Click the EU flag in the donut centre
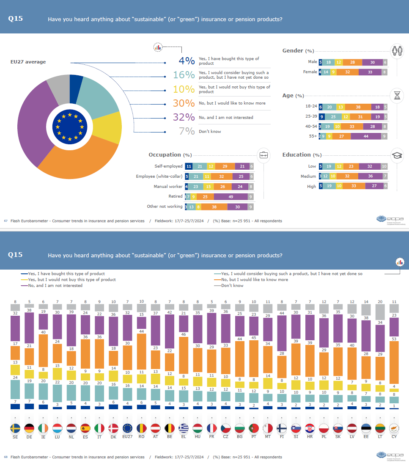coord(70,126)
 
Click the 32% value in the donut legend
coord(184,117)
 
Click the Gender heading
coord(293,51)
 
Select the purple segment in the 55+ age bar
coord(365,136)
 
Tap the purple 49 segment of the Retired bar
coord(231,196)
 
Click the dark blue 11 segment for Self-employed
coord(189,166)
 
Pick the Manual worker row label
coord(168,186)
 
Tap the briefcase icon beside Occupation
coord(263,155)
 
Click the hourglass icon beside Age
coord(397,96)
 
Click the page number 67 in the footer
coord(6,221)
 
